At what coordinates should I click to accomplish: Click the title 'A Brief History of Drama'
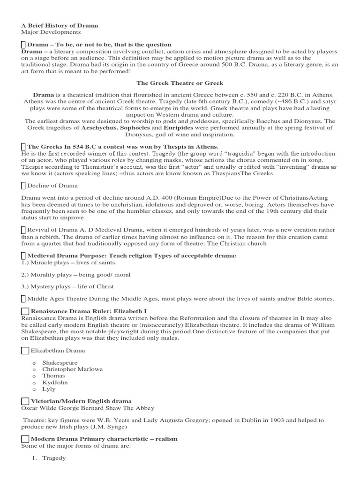[60, 25]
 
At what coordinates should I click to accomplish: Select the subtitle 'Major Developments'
[51, 32]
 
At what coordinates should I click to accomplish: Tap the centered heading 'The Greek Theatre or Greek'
[180, 83]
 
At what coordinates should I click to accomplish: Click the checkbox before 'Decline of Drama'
[24, 186]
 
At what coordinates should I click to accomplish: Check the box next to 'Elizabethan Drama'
[25, 350]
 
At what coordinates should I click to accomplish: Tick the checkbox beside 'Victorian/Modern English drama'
[25, 401]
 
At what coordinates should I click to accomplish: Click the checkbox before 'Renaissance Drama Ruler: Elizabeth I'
[25, 311]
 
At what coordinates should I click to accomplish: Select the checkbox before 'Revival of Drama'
[24, 229]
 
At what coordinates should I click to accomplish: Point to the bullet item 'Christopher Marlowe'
[72, 369]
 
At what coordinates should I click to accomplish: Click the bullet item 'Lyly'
[49, 389]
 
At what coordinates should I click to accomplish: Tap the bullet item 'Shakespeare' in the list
[60, 363]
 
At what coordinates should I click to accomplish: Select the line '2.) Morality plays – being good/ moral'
[75, 275]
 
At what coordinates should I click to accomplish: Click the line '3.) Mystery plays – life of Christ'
[67, 286]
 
